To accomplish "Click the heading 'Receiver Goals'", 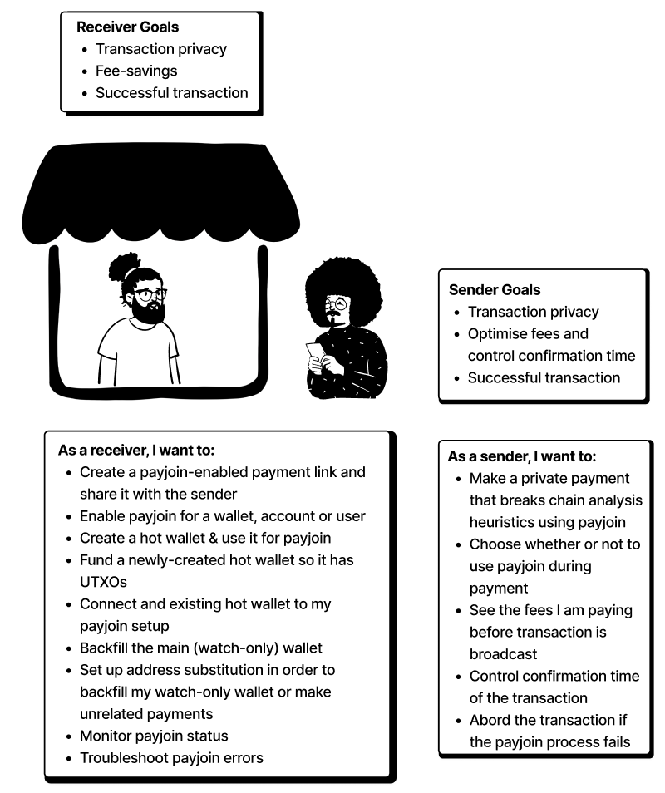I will (127, 27).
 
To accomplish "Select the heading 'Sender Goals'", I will (495, 290).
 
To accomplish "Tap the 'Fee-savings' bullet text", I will (136, 71).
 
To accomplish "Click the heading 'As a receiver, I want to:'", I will (136, 451).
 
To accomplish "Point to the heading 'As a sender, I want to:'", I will (522, 456).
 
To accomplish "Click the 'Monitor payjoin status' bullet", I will (154, 736).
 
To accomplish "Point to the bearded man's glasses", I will (149, 294).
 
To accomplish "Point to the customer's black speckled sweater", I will (353, 366).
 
